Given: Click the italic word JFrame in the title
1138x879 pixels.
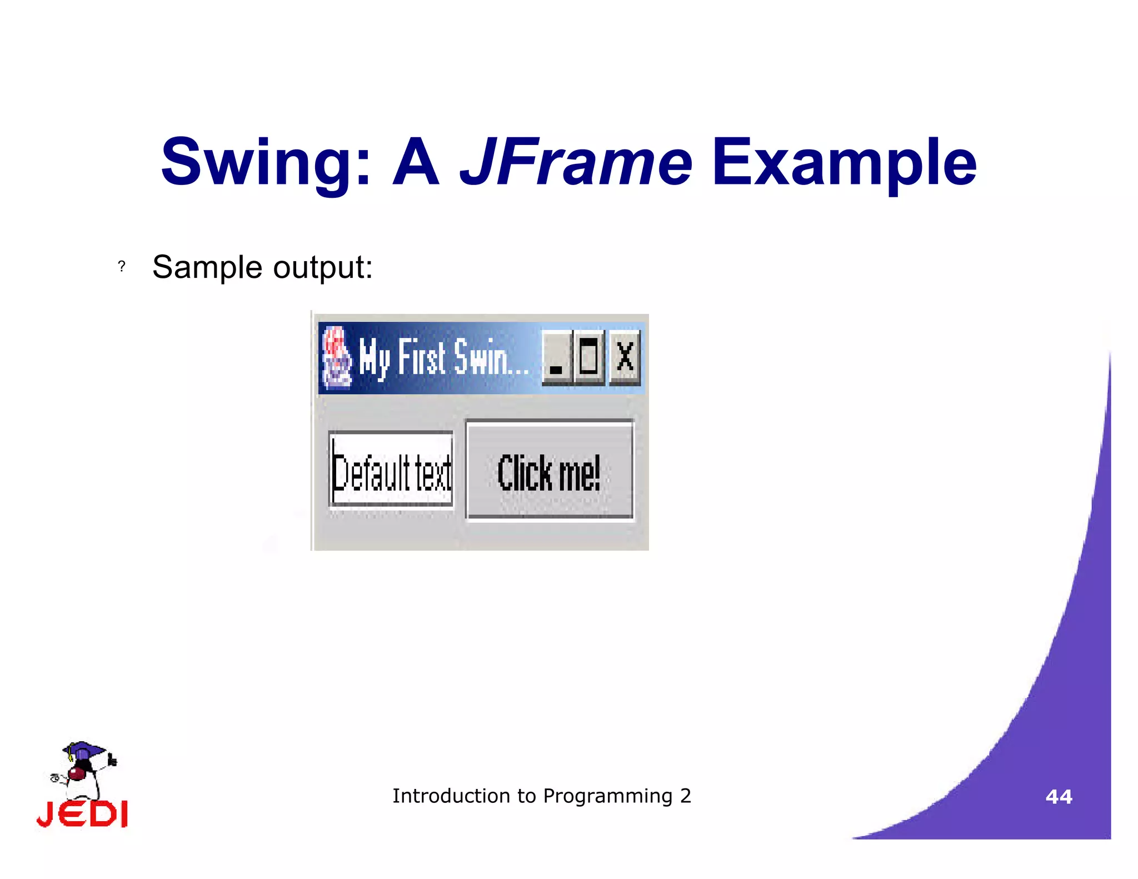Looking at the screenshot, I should (x=576, y=163).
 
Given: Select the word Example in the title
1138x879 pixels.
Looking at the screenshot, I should (x=844, y=163).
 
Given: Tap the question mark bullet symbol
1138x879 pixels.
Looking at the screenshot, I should (x=122, y=267).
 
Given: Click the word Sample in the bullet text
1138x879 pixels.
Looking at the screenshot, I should (x=207, y=267).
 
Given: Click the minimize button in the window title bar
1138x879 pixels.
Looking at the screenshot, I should (x=556, y=357).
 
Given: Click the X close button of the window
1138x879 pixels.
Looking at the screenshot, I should (x=625, y=357).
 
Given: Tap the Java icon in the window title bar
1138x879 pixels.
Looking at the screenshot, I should (x=337, y=358).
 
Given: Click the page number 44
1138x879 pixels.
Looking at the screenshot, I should (x=1059, y=797).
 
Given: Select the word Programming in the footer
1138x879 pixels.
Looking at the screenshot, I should (x=608, y=796).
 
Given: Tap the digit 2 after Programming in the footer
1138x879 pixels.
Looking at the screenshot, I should (x=686, y=796).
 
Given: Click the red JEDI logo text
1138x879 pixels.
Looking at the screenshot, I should (x=82, y=815).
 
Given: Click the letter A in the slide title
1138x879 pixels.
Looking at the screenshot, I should (x=416, y=163).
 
